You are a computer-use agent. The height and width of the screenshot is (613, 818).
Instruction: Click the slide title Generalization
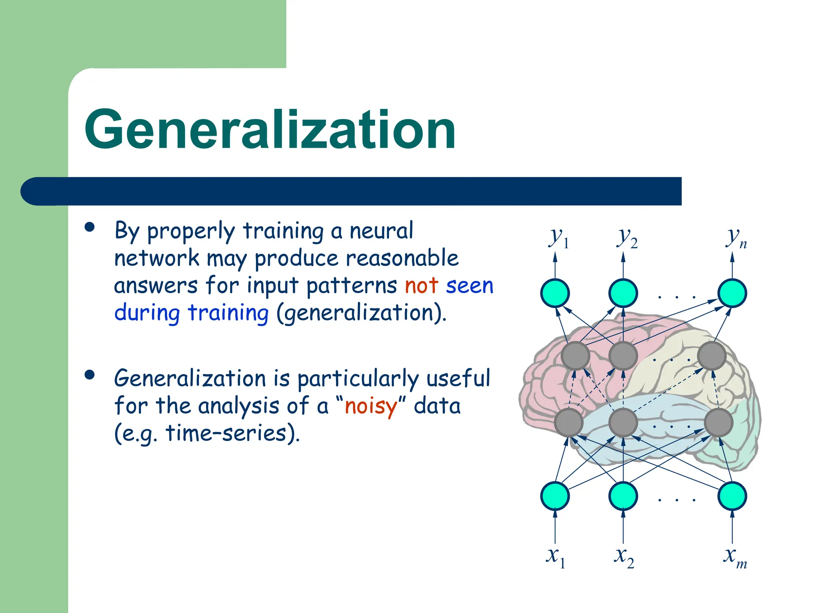(x=270, y=130)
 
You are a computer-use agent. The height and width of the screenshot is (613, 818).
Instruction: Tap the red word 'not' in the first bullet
(x=422, y=286)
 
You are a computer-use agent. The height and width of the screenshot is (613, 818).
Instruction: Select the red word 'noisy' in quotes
(x=371, y=407)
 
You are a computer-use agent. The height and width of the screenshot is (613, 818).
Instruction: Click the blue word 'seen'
(x=470, y=286)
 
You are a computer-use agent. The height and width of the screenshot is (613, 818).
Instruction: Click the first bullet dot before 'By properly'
(x=90, y=227)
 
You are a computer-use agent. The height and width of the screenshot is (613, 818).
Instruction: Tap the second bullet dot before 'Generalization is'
(x=90, y=375)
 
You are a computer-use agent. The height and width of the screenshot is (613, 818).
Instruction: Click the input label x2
(x=624, y=557)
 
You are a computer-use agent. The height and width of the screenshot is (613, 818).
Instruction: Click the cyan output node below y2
(x=623, y=293)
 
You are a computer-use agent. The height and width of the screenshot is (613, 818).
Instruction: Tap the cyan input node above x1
(x=555, y=496)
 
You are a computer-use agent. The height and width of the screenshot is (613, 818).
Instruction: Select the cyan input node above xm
(x=732, y=496)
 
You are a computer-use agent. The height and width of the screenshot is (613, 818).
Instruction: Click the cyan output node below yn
(x=732, y=293)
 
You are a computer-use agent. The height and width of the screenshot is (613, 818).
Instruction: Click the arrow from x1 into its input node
(x=555, y=527)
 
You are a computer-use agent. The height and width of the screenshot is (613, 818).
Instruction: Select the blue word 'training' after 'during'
(x=228, y=313)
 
